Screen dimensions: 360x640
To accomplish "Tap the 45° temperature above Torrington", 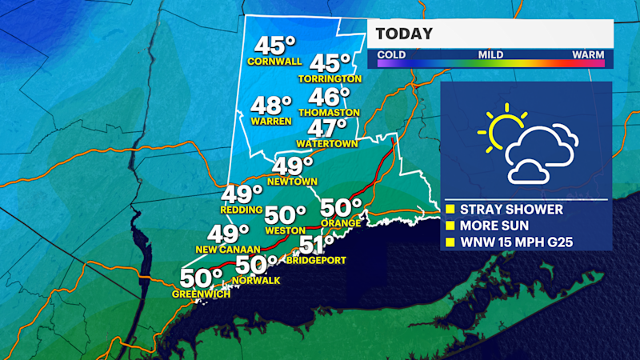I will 330,63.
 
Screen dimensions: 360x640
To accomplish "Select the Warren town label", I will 270,122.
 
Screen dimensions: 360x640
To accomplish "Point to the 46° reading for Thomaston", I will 329,97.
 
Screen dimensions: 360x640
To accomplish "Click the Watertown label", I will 325,144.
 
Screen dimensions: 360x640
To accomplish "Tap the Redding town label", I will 242,210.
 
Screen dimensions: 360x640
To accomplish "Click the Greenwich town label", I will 201,294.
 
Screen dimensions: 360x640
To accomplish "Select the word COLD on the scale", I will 391,54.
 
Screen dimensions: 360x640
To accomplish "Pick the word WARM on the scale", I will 588,54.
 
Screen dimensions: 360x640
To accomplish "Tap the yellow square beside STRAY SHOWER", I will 450,210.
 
